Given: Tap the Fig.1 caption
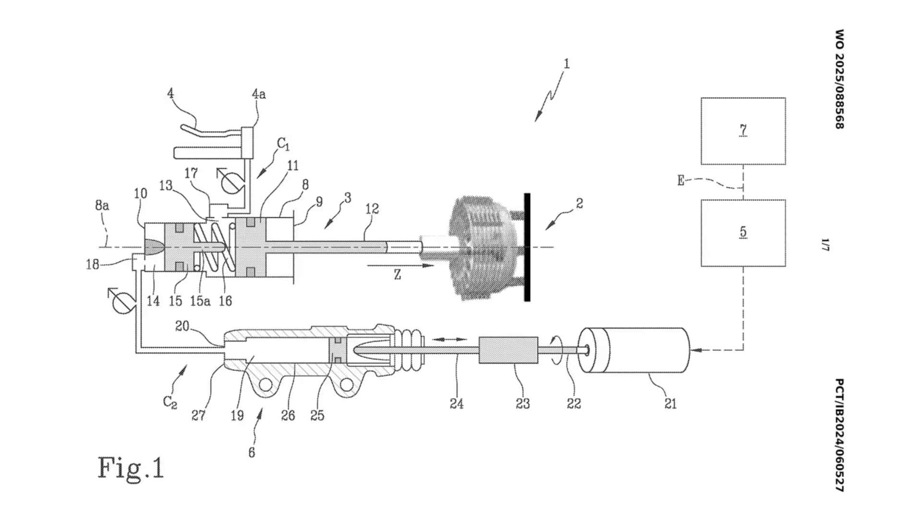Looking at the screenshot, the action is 131,468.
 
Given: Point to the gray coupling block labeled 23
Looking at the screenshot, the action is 508,350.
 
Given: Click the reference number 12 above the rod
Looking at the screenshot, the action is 372,209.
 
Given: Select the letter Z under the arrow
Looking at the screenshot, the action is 397,275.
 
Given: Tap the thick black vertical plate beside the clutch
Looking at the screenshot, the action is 527,247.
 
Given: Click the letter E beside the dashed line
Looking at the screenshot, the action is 680,181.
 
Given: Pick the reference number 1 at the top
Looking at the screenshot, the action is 567,63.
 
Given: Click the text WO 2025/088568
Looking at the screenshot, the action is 839,79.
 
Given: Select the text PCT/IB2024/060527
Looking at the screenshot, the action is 839,435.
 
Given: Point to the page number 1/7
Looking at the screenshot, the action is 825,245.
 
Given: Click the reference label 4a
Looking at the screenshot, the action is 259,94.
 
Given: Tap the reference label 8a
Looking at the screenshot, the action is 102,206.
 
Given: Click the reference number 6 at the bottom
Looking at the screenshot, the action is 252,453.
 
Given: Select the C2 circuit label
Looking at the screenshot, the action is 170,402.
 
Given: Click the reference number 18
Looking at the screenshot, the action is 93,264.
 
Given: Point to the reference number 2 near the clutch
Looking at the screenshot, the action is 580,203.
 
